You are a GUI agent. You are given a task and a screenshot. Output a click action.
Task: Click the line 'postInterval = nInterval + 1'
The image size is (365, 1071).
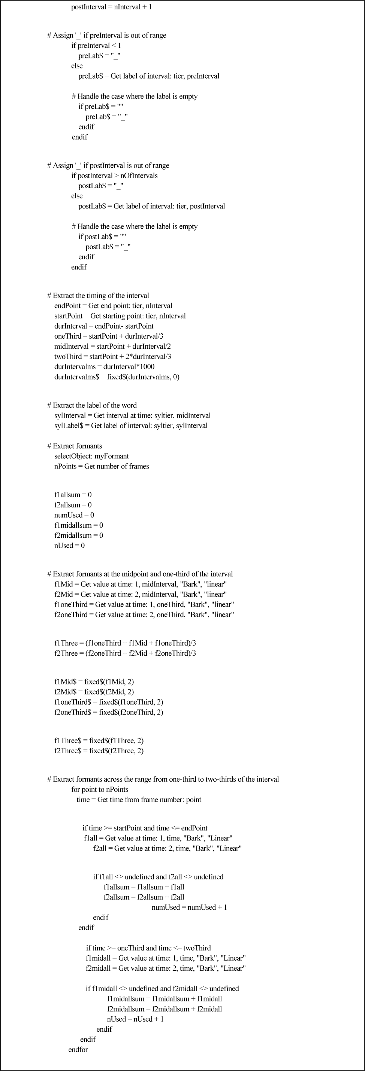tap(111, 7)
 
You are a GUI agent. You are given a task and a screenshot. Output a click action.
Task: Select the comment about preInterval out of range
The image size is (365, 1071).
tap(106, 35)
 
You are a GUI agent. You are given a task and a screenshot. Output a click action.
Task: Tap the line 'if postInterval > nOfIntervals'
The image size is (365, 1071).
tap(114, 176)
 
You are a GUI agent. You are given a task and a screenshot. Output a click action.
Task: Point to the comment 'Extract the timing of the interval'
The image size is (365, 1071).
tap(98, 296)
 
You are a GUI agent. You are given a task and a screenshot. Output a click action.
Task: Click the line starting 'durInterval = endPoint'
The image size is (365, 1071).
tap(104, 326)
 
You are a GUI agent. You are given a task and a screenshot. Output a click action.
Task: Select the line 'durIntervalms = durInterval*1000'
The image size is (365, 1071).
tap(104, 367)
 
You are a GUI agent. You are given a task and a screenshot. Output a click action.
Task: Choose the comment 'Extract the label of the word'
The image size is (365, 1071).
tap(91, 405)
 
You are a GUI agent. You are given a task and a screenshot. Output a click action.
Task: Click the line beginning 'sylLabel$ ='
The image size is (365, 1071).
tap(131, 426)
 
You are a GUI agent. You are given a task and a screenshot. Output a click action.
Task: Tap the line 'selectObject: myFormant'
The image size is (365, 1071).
tap(91, 456)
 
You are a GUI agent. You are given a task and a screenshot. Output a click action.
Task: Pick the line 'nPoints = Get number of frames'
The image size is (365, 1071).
tap(101, 467)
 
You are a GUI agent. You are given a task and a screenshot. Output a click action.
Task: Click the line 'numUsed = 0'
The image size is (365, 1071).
tap(74, 515)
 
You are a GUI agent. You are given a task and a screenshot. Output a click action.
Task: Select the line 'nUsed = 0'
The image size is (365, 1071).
tap(69, 546)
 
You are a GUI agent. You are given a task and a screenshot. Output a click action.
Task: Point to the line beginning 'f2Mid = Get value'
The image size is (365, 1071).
tap(140, 595)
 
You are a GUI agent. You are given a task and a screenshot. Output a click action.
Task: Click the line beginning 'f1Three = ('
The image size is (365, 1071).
tap(125, 643)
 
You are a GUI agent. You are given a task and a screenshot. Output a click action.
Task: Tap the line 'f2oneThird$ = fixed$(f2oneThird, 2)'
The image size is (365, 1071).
tap(108, 712)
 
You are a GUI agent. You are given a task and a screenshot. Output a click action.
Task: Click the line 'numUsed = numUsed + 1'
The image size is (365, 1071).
tap(189, 907)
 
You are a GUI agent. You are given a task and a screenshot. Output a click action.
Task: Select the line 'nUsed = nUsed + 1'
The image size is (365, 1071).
tap(135, 1019)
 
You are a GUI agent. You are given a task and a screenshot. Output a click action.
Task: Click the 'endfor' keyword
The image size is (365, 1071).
tap(78, 1049)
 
